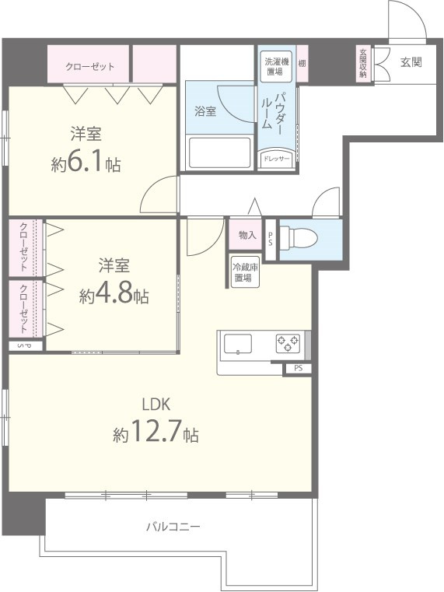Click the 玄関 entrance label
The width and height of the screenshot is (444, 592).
[x=411, y=62]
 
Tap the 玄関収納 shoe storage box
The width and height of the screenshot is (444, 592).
[x=363, y=64]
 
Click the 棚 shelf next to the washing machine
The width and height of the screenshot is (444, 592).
[x=302, y=64]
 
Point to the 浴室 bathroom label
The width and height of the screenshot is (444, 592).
[x=205, y=111]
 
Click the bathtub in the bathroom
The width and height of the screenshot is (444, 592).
[x=219, y=152]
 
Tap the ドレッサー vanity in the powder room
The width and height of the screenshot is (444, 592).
[x=277, y=158]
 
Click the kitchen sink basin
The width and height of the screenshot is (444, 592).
[x=238, y=344]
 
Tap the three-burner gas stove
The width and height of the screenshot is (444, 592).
[x=288, y=343]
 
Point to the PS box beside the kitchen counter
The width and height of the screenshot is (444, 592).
[x=298, y=368]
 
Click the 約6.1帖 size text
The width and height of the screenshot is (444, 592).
[x=86, y=163]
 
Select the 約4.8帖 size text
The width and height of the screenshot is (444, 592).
[x=114, y=295]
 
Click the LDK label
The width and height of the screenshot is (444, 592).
[x=156, y=405]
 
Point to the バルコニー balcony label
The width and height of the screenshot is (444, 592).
[x=173, y=527]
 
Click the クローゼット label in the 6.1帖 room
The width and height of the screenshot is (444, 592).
[x=89, y=67]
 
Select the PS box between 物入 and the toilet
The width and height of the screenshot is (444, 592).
[x=271, y=240]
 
